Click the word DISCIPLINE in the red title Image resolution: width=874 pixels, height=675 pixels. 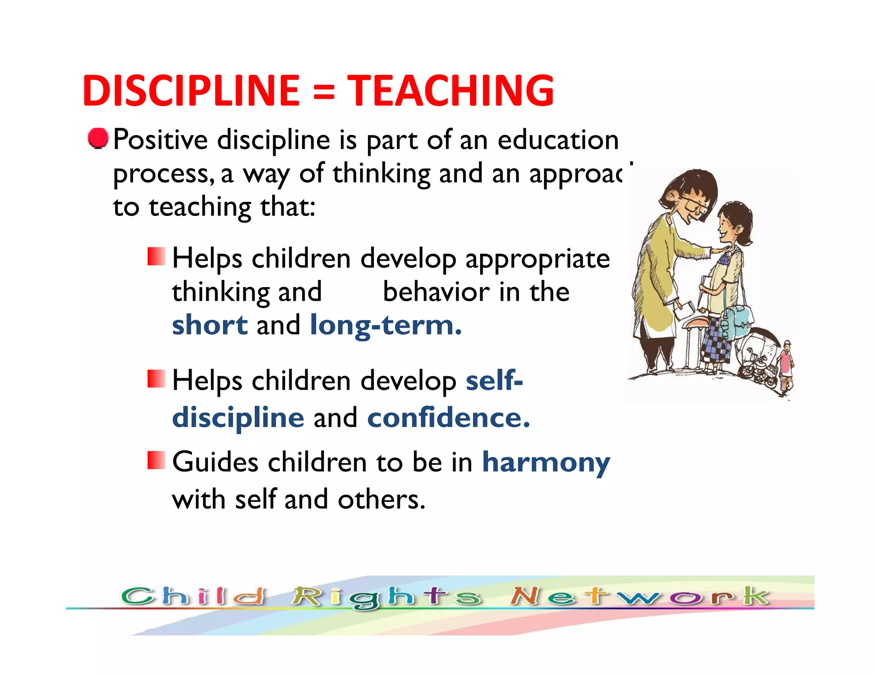(191, 90)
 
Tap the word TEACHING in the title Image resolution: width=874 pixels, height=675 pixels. (451, 90)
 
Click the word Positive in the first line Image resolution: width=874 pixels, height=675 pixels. (160, 140)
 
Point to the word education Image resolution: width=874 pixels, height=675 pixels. (558, 140)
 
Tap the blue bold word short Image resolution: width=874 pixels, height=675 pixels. (210, 325)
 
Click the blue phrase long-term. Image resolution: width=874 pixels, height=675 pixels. (386, 326)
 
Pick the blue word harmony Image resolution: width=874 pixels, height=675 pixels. (546, 463)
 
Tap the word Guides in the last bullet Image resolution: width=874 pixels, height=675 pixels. (215, 462)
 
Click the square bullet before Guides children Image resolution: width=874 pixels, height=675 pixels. (156, 460)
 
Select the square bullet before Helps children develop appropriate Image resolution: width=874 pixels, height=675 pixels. (156, 256)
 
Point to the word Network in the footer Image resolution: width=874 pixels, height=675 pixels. (640, 596)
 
